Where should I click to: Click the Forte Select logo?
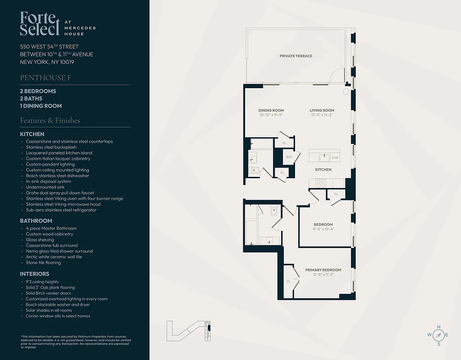click(x=40, y=24)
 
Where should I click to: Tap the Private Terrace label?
click(x=295, y=56)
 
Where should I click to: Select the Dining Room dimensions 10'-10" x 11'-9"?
click(x=271, y=115)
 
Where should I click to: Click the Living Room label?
click(x=322, y=110)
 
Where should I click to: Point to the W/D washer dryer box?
click(x=288, y=157)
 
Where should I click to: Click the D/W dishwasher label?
click(x=335, y=158)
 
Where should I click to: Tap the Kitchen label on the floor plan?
click(x=323, y=170)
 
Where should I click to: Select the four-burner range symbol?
click(x=321, y=183)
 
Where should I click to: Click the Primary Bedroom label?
click(x=323, y=270)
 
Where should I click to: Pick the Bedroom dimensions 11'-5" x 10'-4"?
click(x=323, y=229)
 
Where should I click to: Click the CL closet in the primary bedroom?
click(x=288, y=281)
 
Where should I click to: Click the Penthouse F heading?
click(x=45, y=78)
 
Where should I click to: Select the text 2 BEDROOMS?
click(x=38, y=91)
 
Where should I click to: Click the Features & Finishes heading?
click(x=50, y=121)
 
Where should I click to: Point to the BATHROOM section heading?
click(x=36, y=221)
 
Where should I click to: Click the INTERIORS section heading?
click(x=35, y=274)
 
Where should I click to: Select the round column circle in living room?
click(x=345, y=92)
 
